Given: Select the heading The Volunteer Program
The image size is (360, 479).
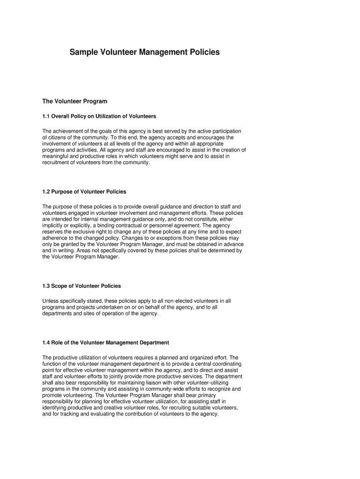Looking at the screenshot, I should (x=75, y=101).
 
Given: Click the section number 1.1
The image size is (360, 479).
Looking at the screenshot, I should (x=46, y=116).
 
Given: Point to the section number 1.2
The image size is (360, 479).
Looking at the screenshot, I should (x=46, y=192).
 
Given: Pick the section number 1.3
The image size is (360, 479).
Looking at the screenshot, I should (x=46, y=286).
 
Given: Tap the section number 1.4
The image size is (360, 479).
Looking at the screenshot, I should (x=46, y=343).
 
